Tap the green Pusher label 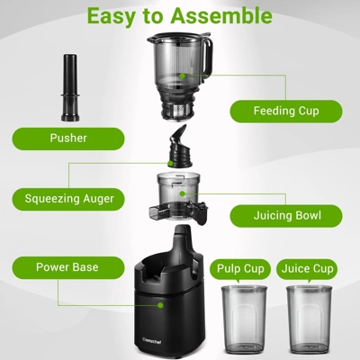(x=68, y=139)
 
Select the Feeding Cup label (x=286, y=111)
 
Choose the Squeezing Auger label (x=68, y=199)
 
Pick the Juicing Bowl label (x=286, y=216)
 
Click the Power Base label (x=68, y=267)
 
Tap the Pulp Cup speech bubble (x=240, y=270)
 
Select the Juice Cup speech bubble (x=307, y=270)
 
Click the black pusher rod (x=70, y=88)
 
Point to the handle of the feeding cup (x=208, y=57)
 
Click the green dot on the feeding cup (x=182, y=76)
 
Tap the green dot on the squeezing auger (x=170, y=164)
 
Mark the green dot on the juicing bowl (x=182, y=193)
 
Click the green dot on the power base (x=160, y=305)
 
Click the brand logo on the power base (x=151, y=340)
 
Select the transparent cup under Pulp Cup (x=244, y=319)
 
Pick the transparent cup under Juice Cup (x=310, y=319)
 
